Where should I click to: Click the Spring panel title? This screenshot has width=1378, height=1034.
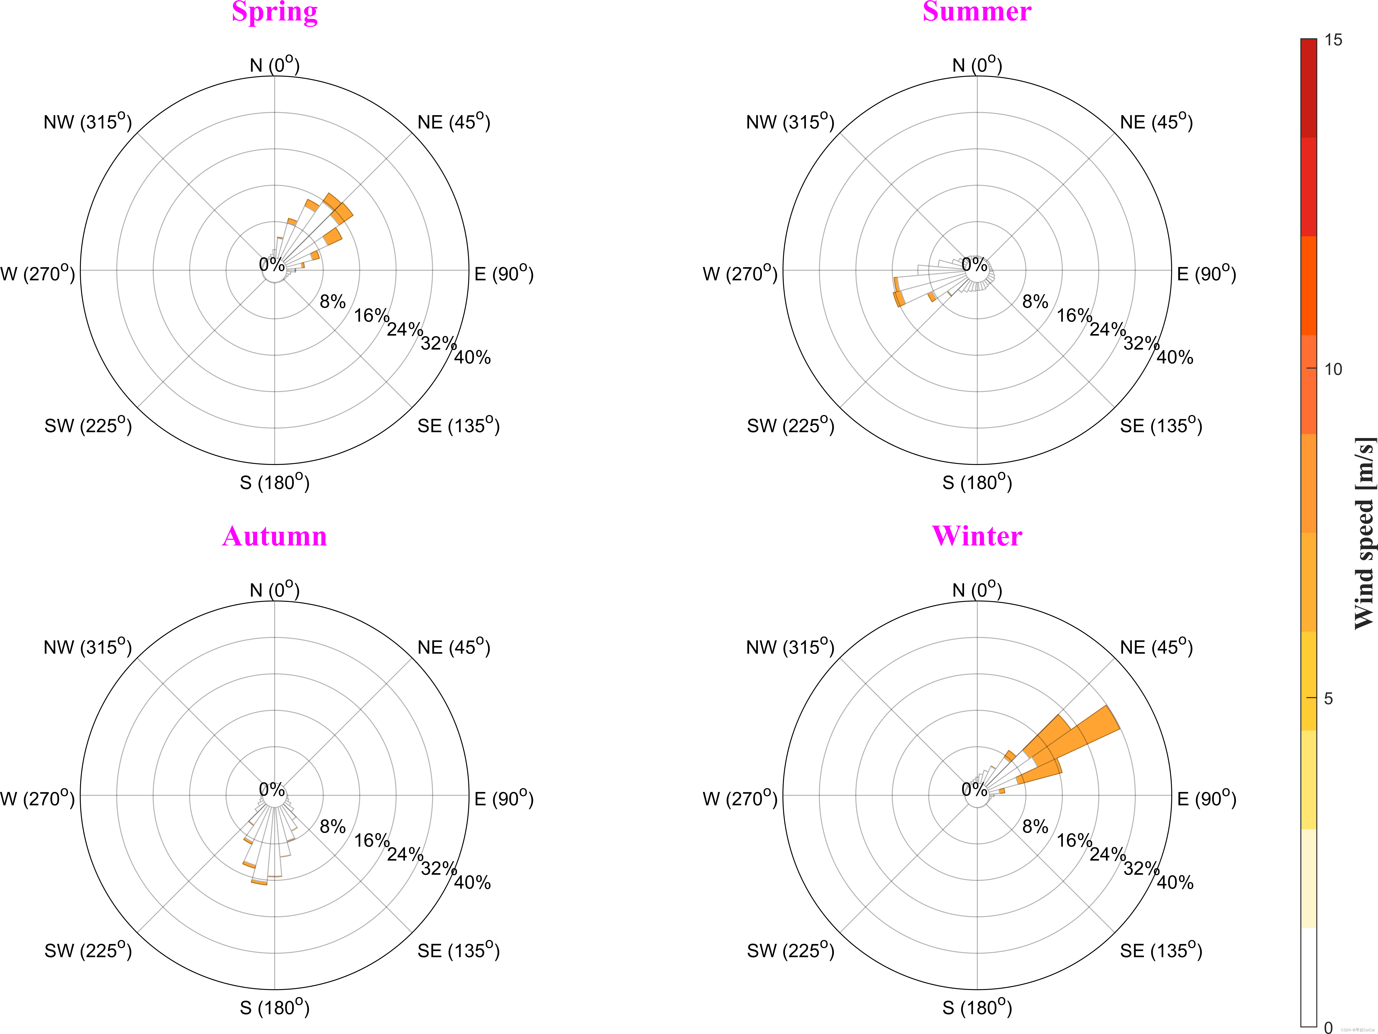coord(275,11)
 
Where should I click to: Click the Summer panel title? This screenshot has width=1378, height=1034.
coord(977,11)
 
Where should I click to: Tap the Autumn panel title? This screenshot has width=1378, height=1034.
coord(275,536)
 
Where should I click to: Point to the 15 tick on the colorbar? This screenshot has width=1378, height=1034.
coord(1333,40)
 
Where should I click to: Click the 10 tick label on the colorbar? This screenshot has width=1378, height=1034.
coord(1333,369)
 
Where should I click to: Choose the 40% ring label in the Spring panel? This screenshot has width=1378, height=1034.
coord(472,358)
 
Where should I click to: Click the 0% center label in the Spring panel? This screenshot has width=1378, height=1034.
coord(272,265)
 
